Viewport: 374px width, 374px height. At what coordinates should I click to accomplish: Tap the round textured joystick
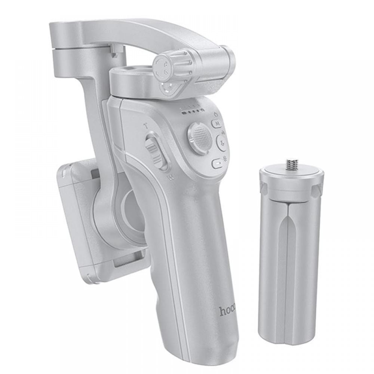(x=200, y=137)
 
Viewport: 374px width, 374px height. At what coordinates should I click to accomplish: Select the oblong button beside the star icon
(x=217, y=163)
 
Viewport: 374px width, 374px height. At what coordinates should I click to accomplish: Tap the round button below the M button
(x=222, y=142)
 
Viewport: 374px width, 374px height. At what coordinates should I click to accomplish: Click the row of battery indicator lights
(x=192, y=111)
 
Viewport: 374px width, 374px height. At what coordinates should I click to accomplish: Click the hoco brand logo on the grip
(x=227, y=310)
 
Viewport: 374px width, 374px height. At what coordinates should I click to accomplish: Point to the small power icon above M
(x=216, y=113)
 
